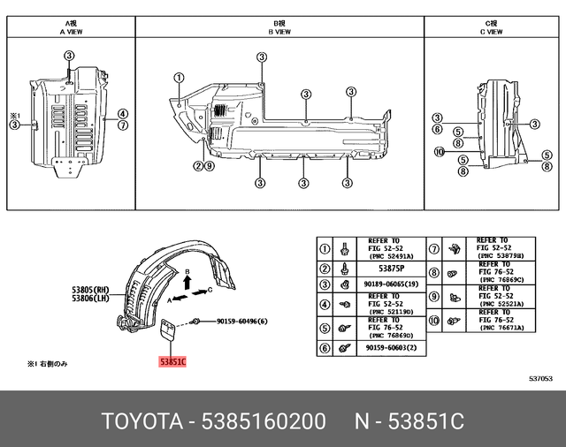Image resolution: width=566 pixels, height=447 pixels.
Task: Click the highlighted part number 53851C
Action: point(173,361)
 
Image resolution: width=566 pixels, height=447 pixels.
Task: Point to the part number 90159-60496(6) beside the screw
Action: point(241,322)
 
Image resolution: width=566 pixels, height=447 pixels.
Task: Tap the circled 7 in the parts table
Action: point(433,248)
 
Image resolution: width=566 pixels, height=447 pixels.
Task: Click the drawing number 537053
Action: point(540,377)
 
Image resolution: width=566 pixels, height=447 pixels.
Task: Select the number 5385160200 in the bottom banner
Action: point(264,420)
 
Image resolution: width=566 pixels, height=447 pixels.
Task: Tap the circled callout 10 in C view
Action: point(438,152)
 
